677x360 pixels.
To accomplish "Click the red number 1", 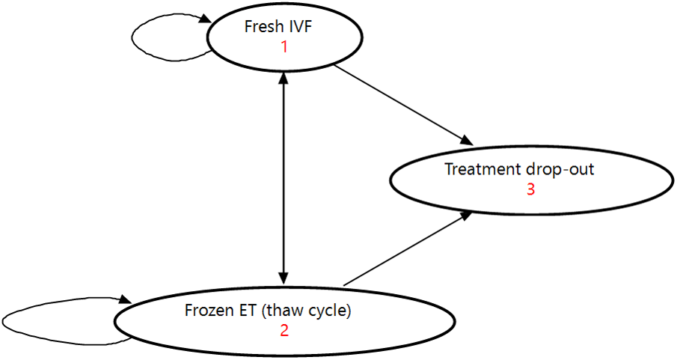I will click(x=284, y=46).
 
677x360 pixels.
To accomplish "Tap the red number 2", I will click(x=284, y=330).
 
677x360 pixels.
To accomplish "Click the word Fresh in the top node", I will click(x=262, y=27).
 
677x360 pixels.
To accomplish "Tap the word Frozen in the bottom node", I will click(x=207, y=310).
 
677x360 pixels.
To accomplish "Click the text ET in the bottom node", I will click(x=246, y=310).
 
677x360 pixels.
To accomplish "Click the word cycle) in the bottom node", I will click(x=330, y=310).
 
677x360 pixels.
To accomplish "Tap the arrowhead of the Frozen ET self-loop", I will click(x=126, y=302).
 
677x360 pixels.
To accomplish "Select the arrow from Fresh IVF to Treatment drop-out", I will click(x=404, y=105).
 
